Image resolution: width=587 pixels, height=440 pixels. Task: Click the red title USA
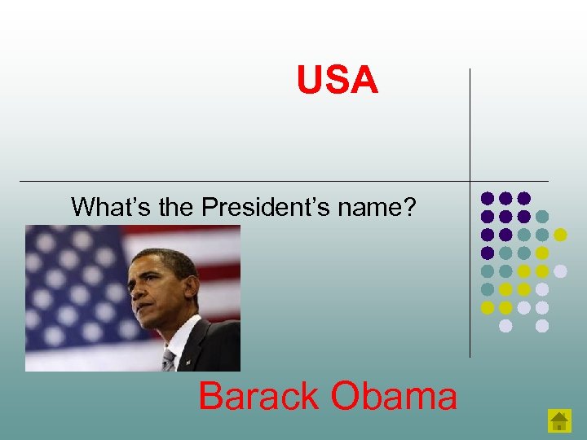click(338, 81)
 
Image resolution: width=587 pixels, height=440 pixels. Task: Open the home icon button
click(559, 420)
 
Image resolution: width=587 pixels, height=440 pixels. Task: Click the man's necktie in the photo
click(170, 359)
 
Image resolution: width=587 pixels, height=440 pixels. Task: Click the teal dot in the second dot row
click(542, 216)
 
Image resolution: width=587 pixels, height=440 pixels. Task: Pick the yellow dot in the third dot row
click(560, 235)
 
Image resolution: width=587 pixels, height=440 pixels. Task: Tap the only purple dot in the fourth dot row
click(488, 253)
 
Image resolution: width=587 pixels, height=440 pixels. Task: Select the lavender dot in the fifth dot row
click(560, 271)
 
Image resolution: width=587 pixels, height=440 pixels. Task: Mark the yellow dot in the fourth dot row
click(542, 253)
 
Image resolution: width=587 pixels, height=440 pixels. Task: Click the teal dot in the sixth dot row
click(488, 289)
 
